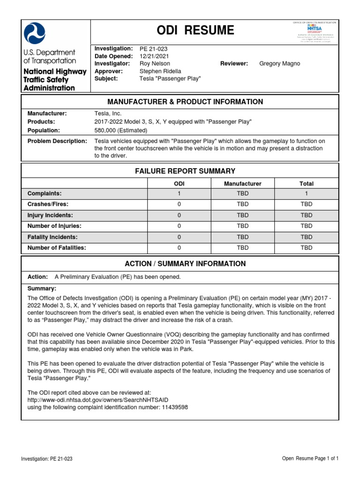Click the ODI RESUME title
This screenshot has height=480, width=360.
pos(196,30)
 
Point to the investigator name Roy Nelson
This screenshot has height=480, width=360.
pos(155,64)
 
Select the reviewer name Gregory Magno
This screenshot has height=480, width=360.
pos(280,64)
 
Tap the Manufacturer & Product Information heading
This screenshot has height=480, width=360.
pos(185,102)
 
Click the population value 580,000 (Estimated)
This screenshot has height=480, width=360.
pos(121,130)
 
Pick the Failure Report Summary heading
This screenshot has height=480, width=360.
pos(185,171)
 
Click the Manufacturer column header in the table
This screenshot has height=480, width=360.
pos(242,184)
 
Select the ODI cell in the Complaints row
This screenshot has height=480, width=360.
pos(179,194)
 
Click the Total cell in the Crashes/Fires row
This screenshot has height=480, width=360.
pos(306,204)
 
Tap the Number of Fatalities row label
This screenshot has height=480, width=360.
pos(57,248)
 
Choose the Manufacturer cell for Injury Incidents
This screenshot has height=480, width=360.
pos(242,215)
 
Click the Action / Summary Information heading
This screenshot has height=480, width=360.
pos(185,264)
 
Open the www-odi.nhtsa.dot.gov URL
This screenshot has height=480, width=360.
pos(98,399)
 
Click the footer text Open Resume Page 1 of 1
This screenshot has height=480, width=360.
pos(310,458)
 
